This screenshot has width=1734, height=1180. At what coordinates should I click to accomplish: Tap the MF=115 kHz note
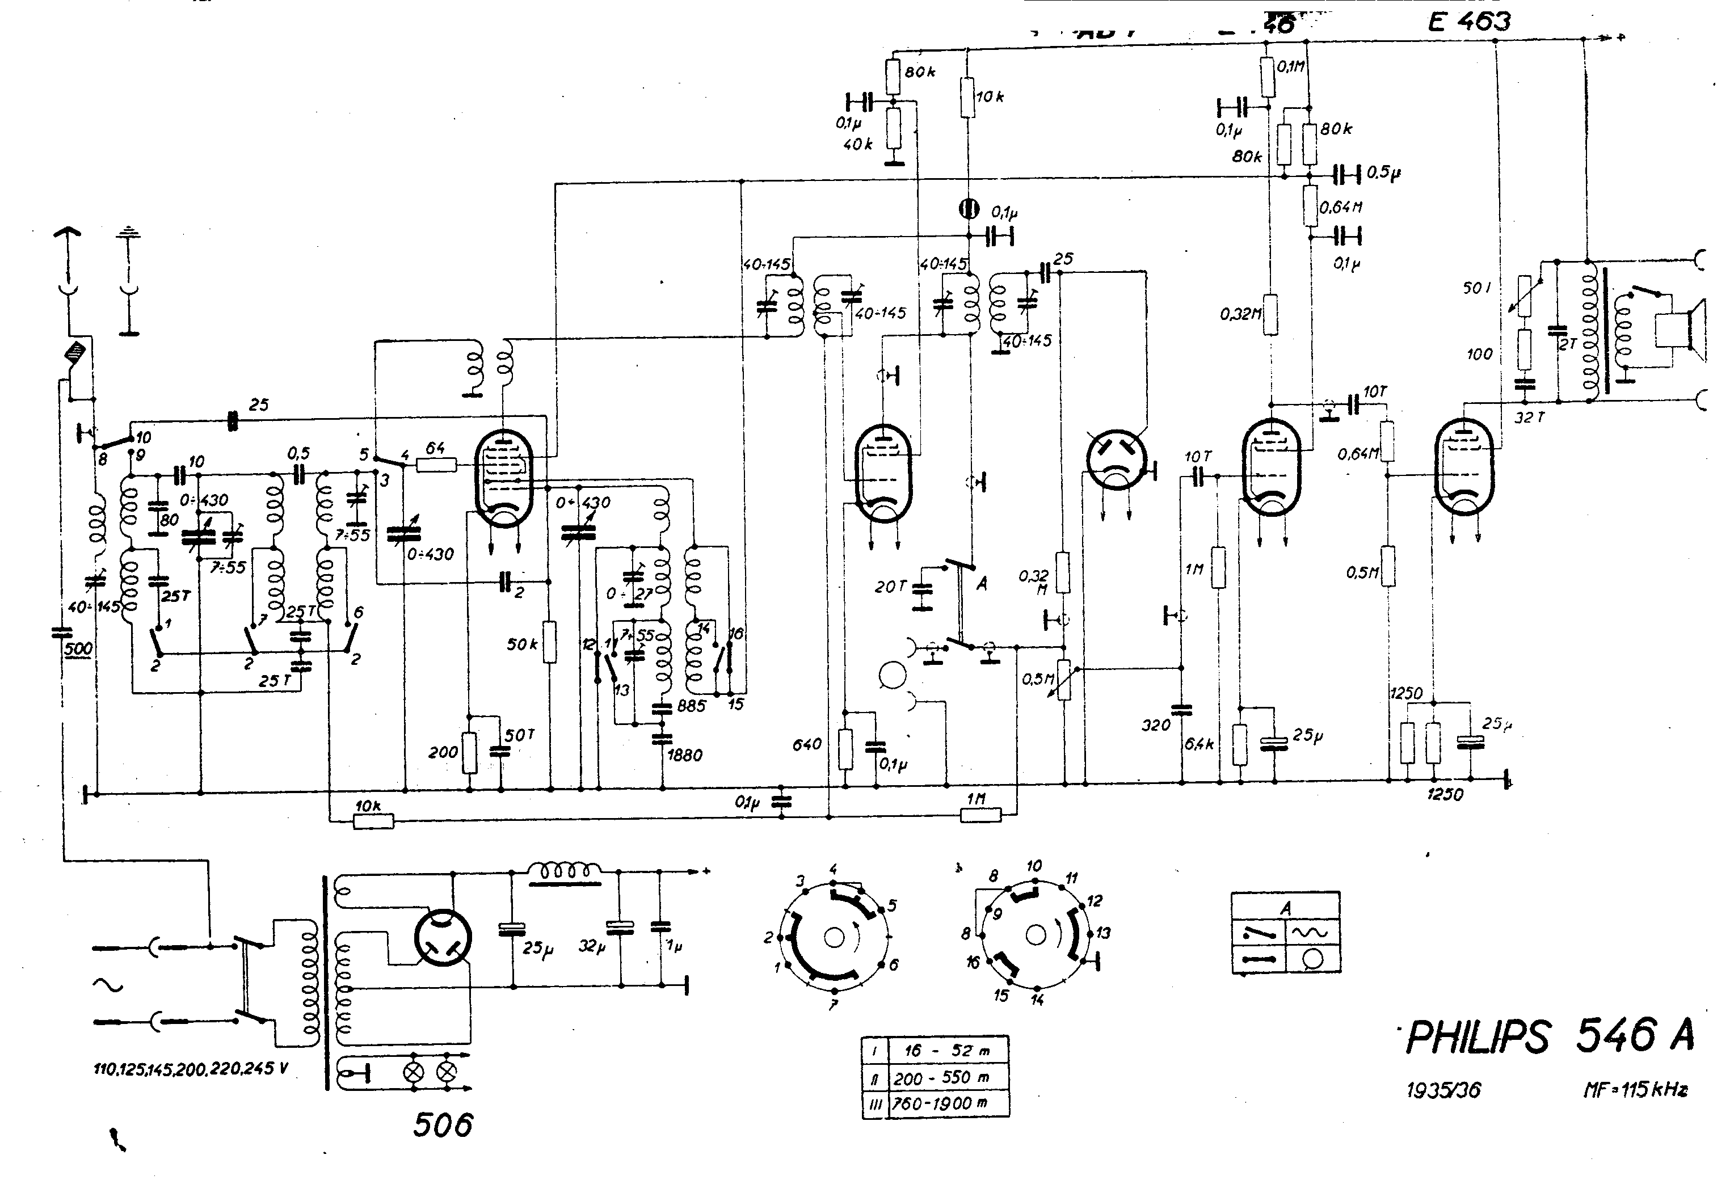click(x=1635, y=1090)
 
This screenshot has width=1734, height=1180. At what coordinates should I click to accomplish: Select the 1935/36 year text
click(x=1443, y=1090)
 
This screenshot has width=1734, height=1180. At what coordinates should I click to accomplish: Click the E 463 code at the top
click(x=1468, y=22)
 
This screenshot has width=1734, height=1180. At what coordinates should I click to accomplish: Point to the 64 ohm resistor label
click(x=435, y=448)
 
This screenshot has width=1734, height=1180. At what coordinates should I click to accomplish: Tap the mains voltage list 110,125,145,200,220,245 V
click(x=190, y=1069)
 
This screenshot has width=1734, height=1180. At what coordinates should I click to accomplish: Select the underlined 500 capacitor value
click(x=78, y=648)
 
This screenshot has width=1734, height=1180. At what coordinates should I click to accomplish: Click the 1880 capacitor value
click(x=684, y=756)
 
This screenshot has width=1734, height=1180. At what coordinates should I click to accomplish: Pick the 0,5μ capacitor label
click(x=1383, y=172)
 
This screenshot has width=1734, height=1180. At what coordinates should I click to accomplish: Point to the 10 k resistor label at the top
click(x=990, y=96)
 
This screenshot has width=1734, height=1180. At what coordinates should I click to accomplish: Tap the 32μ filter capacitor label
click(x=592, y=946)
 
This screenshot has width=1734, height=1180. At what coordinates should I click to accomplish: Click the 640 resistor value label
click(x=806, y=744)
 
